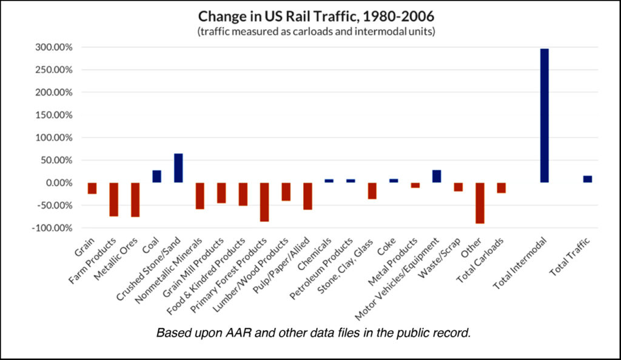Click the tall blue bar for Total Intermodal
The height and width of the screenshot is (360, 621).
pyautogui.click(x=544, y=115)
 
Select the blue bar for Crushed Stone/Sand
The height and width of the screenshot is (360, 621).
pyautogui.click(x=178, y=168)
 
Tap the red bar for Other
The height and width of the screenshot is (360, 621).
pyautogui.click(x=480, y=203)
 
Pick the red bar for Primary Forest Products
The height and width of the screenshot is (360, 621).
pyautogui.click(x=264, y=202)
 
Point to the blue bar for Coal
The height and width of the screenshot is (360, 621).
pyautogui.click(x=156, y=176)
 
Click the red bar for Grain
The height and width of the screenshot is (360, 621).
pyautogui.click(x=92, y=188)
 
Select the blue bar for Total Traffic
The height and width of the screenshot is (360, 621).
pyautogui.click(x=587, y=179)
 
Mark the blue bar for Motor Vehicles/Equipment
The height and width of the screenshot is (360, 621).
pyautogui.click(x=437, y=176)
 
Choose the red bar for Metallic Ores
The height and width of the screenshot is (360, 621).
pyautogui.click(x=135, y=199)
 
